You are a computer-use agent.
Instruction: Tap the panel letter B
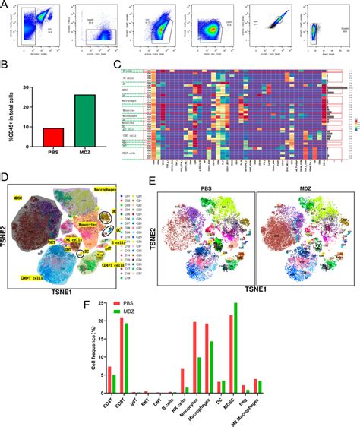coord(6,68)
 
